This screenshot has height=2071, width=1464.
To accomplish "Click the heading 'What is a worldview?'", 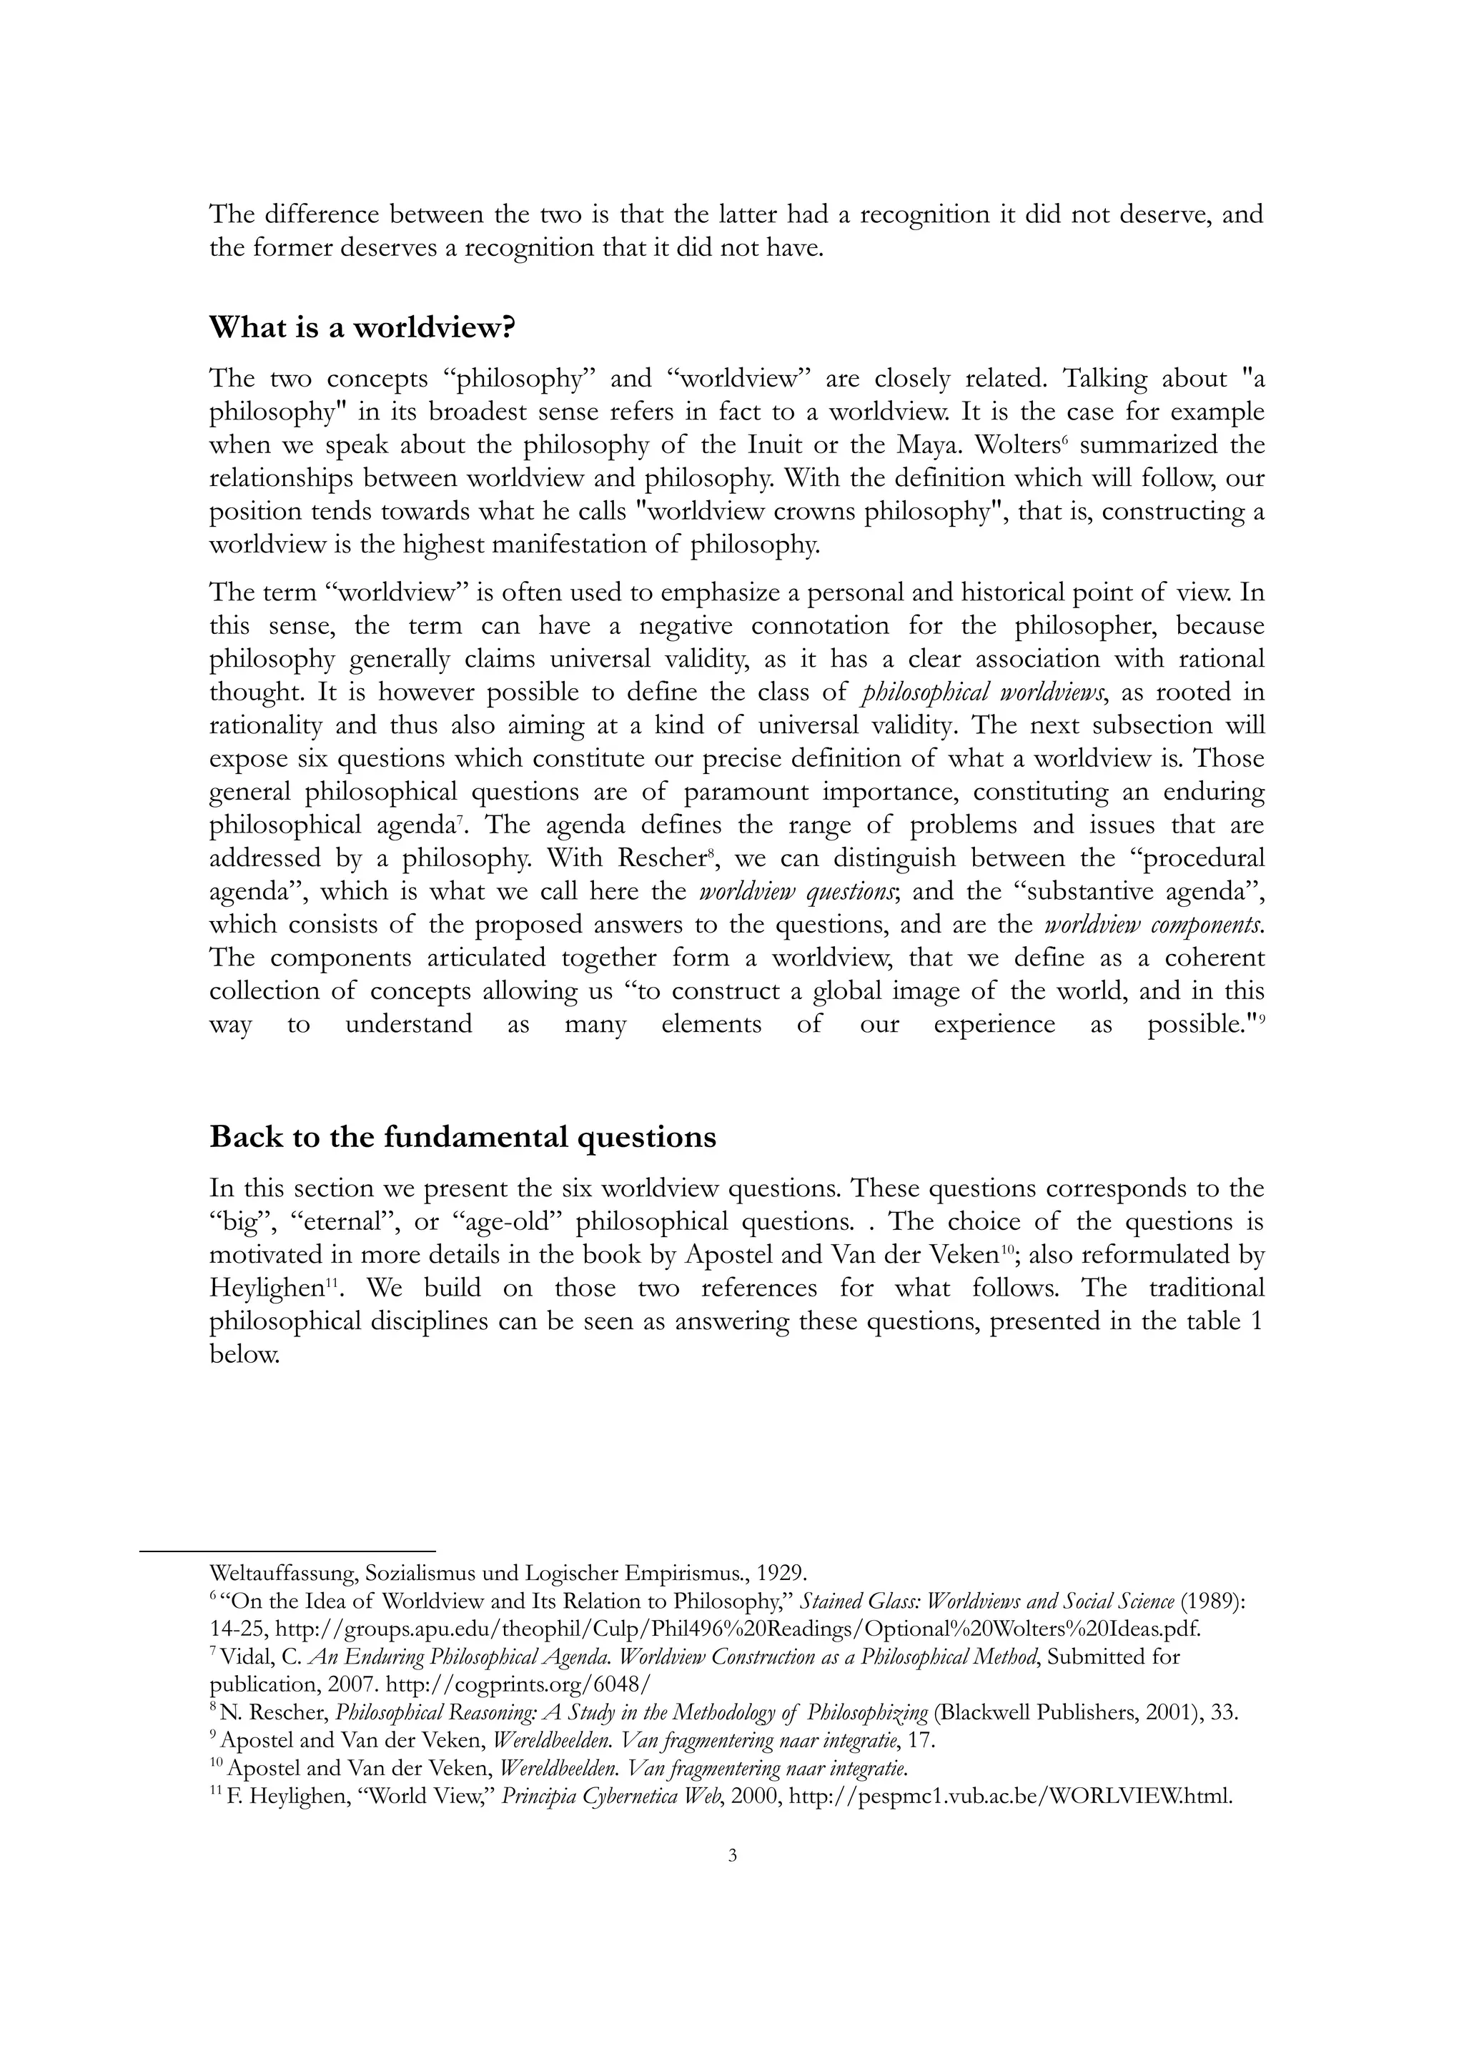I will [362, 327].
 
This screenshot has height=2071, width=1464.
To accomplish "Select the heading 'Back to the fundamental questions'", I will [463, 1136].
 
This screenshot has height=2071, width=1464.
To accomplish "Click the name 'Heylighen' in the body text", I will [265, 1288].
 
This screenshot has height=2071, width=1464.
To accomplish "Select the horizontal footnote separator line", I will [288, 1551].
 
